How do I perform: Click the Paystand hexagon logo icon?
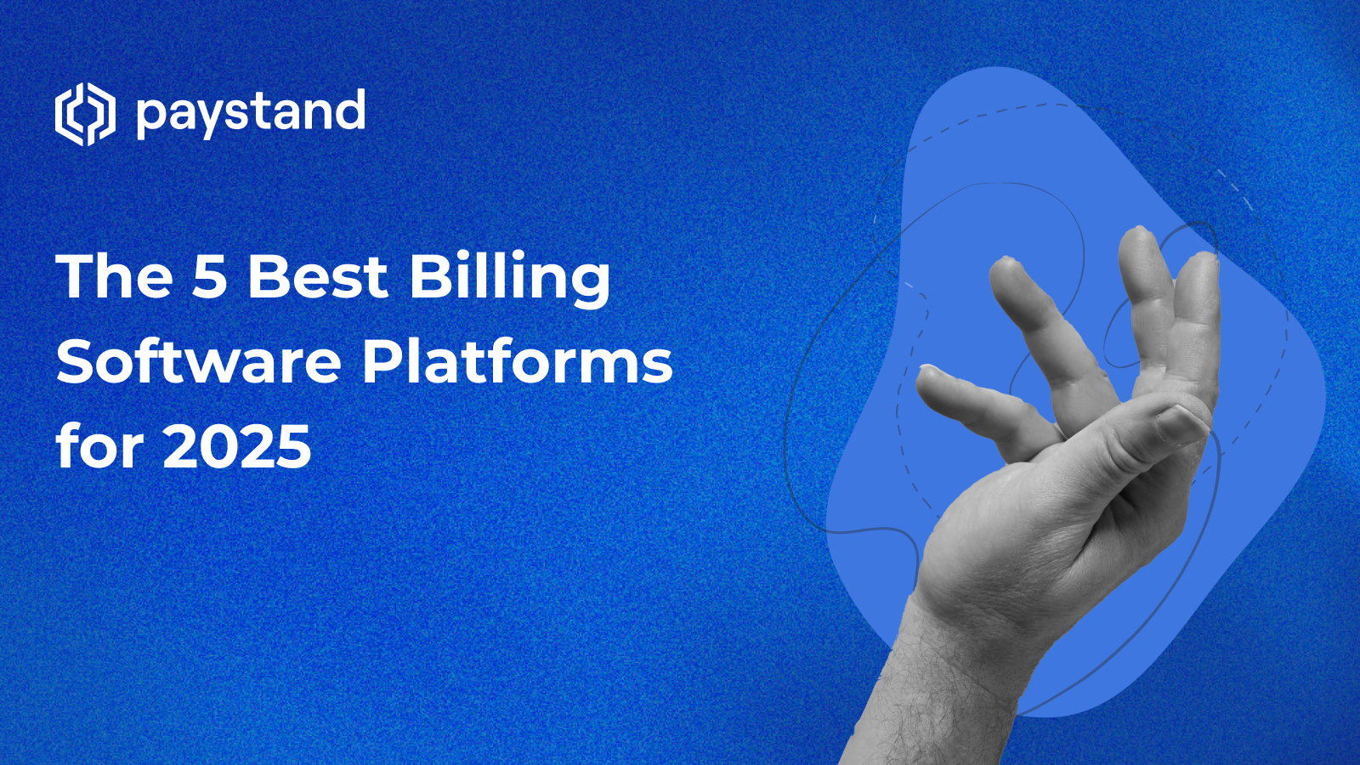[85, 114]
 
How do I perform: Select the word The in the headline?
[115, 277]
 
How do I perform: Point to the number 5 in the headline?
[210, 277]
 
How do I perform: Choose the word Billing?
[509, 279]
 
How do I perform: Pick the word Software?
[198, 362]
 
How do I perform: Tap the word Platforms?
[517, 362]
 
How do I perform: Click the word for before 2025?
[99, 446]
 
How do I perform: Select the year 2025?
[237, 447]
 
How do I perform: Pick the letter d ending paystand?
[349, 110]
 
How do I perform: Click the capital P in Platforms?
[383, 362]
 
